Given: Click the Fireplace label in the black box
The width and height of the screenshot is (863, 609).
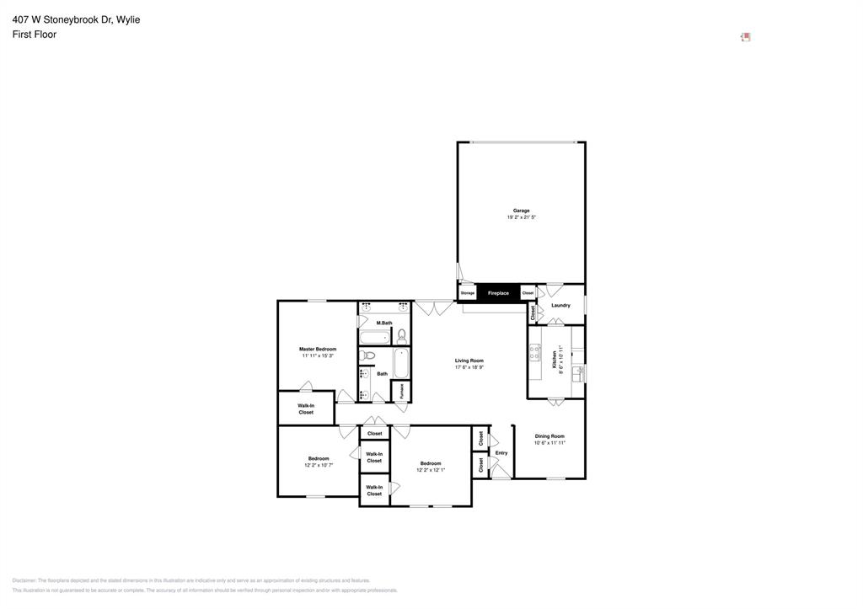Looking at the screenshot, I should click(498, 293).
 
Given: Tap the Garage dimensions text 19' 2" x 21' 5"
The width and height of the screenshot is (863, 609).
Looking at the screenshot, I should click(522, 217).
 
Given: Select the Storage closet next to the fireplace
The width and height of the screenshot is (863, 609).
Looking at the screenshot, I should click(467, 293).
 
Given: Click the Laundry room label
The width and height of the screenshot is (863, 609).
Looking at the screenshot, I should click(560, 306).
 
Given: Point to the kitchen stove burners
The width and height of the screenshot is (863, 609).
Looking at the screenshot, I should click(534, 352).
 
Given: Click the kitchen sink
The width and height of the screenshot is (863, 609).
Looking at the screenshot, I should click(578, 373).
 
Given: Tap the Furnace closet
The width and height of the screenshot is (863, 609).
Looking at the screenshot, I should click(401, 391).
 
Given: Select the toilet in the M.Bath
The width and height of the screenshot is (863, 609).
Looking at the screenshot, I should click(401, 335).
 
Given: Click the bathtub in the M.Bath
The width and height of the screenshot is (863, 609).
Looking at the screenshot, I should click(374, 338).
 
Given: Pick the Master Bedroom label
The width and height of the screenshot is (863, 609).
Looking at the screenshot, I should click(318, 349).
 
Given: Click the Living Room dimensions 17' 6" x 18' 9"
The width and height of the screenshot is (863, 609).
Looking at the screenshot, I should click(469, 367).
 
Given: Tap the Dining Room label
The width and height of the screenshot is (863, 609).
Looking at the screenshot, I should click(549, 436).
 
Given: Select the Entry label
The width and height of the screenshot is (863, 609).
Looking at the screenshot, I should click(501, 453).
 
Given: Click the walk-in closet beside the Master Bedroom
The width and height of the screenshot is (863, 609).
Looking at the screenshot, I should click(306, 409).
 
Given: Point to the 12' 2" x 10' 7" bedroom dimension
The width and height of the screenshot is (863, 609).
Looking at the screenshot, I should click(318, 465).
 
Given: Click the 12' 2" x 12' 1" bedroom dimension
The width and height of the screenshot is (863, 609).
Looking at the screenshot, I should click(431, 470).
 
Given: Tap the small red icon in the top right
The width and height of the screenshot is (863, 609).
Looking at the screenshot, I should click(746, 37).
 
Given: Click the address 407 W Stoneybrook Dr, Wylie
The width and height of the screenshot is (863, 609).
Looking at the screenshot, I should click(76, 19).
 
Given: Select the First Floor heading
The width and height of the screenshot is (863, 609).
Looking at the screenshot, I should click(35, 35).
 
